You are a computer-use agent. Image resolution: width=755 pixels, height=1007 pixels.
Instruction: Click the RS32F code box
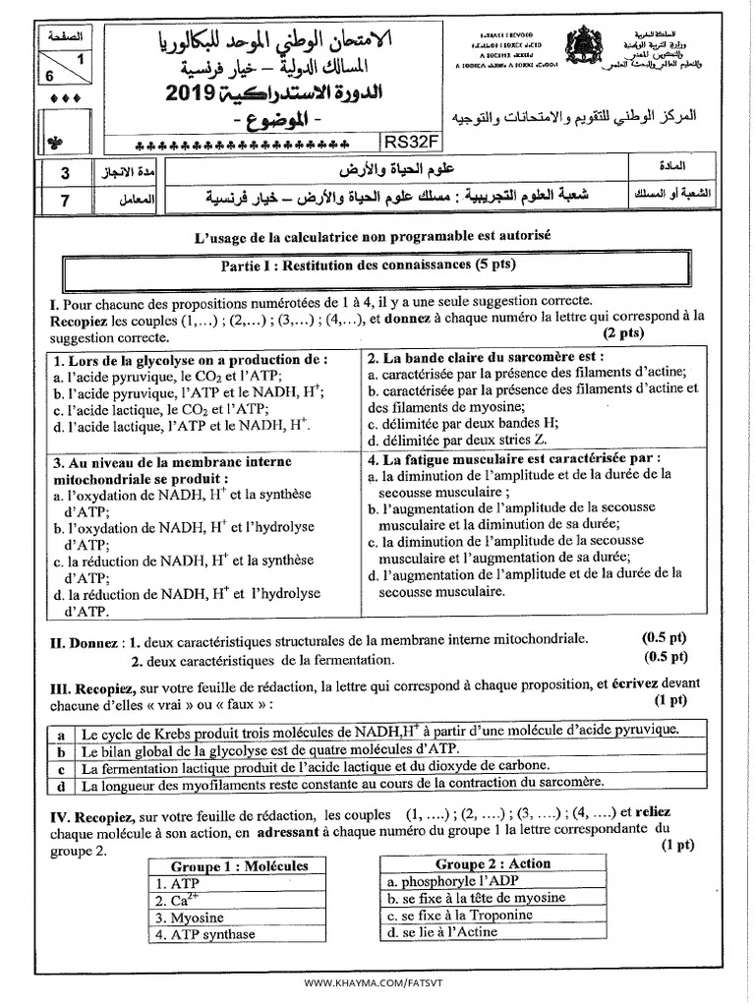pos(405,140)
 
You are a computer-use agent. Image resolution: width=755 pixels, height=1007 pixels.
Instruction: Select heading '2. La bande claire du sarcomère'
pos(486,357)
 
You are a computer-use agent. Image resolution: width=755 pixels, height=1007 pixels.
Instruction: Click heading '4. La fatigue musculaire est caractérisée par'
pos(514,459)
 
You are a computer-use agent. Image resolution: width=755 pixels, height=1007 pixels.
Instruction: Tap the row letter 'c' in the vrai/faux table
pos(61,768)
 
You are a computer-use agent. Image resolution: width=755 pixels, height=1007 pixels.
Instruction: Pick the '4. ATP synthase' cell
pos(204,934)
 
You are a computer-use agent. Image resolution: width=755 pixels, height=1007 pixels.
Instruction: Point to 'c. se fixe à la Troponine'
pos(460,915)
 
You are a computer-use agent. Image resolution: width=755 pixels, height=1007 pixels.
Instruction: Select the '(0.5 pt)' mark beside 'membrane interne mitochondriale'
pos(665,639)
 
